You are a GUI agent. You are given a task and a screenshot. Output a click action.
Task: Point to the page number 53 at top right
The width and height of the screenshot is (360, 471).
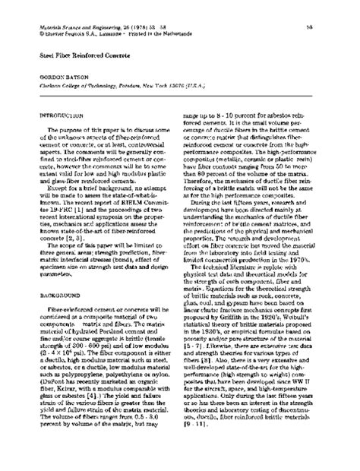(311, 28)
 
